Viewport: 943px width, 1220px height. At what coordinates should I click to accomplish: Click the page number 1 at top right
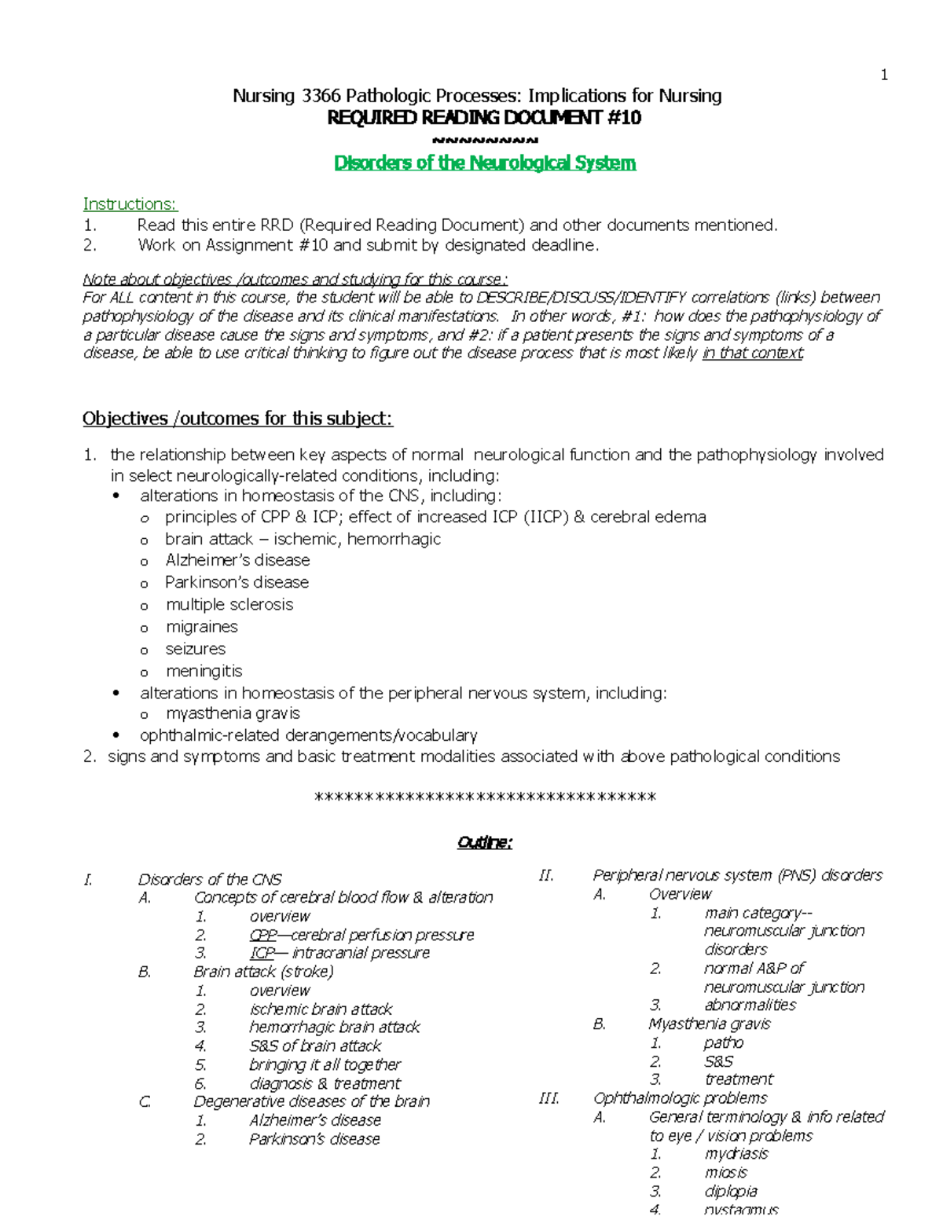point(884,75)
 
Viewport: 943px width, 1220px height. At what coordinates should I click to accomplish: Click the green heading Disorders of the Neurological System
point(485,163)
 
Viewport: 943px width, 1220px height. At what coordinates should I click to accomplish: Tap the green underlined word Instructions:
point(130,204)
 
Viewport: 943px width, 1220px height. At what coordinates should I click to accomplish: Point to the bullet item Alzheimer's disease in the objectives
point(237,560)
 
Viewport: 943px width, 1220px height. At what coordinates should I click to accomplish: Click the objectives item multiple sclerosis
point(229,605)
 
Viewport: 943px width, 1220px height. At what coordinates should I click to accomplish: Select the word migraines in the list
point(202,627)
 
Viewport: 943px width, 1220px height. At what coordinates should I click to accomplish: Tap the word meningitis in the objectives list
point(204,671)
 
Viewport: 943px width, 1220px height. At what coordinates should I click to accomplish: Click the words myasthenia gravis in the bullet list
point(233,713)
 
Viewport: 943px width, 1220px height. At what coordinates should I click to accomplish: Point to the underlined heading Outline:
point(485,843)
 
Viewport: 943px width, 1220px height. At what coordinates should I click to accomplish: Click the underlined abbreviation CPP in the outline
point(263,935)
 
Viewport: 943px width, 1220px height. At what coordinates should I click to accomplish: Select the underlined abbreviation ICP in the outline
point(262,953)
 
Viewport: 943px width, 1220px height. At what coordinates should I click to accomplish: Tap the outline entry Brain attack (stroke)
point(263,972)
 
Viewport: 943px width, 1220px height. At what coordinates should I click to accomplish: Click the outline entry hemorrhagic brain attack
point(335,1027)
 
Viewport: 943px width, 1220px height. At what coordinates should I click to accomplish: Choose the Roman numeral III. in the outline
point(549,1098)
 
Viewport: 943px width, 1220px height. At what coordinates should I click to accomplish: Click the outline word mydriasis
point(736,1154)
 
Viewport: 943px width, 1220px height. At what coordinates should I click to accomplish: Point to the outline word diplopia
point(731,1191)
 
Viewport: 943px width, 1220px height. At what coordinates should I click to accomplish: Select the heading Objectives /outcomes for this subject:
point(237,419)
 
